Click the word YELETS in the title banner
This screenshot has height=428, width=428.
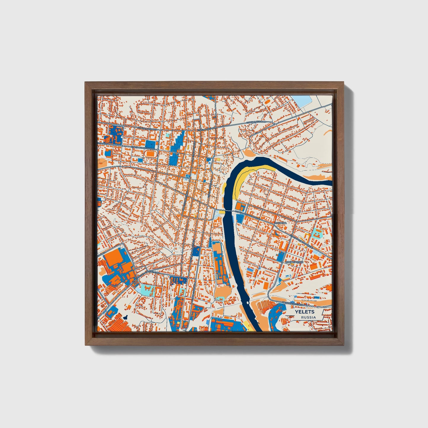pos(304,312)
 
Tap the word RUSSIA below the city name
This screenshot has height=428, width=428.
pos(308,317)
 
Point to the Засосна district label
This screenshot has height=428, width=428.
pos(280,223)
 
